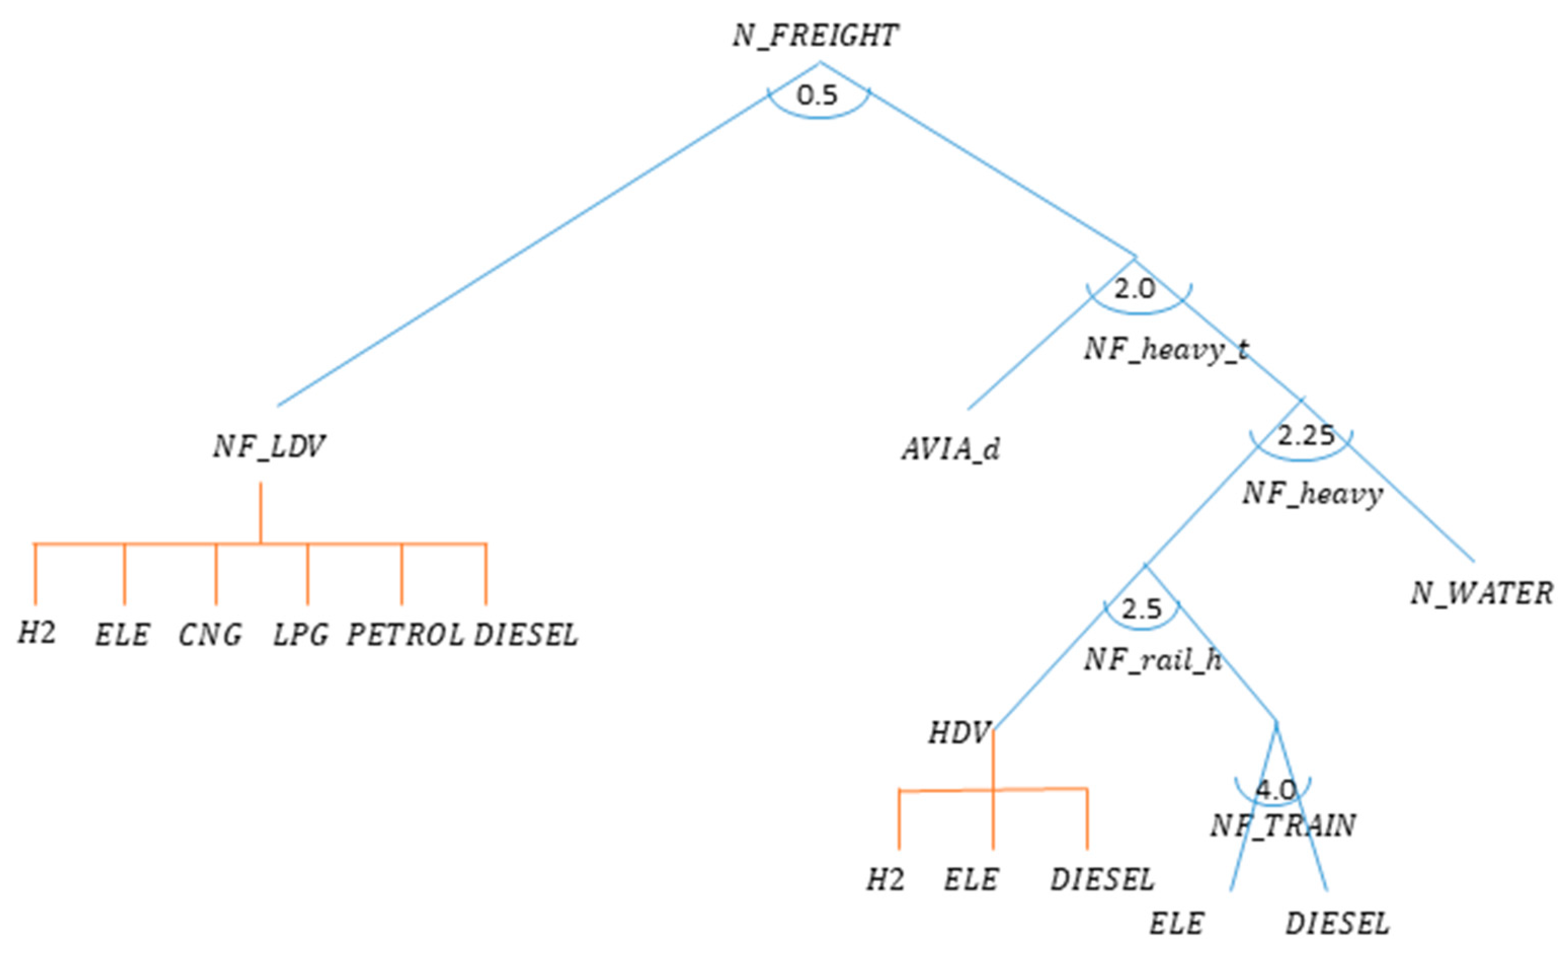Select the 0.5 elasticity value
click(x=817, y=95)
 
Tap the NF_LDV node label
click(x=269, y=447)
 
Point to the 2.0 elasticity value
click(x=1135, y=289)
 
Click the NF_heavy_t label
click(x=1166, y=349)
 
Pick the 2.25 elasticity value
click(x=1306, y=436)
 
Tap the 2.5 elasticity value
click(x=1141, y=609)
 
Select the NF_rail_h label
click(x=1153, y=660)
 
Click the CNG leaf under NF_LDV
click(x=210, y=635)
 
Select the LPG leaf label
click(x=301, y=635)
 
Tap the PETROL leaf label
click(x=405, y=635)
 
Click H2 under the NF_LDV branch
click(x=37, y=633)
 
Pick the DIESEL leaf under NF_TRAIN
click(x=1337, y=924)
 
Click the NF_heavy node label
click(x=1312, y=494)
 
